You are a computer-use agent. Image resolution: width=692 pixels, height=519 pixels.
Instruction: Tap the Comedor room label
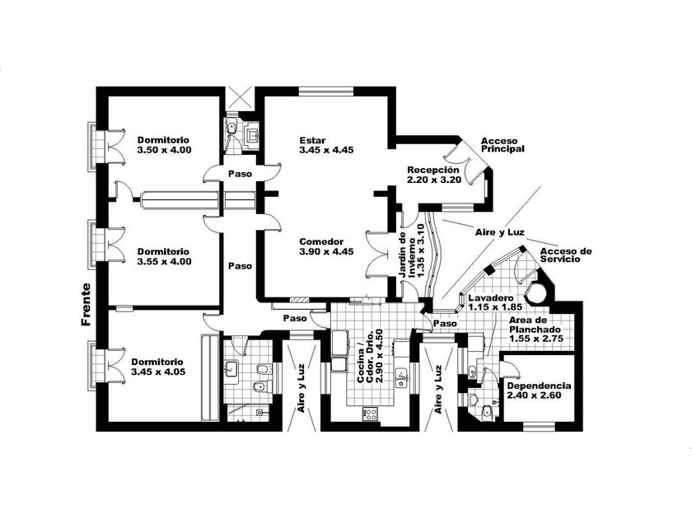pyautogui.click(x=321, y=241)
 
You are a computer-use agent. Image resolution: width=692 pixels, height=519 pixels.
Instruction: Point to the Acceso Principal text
pyautogui.click(x=503, y=145)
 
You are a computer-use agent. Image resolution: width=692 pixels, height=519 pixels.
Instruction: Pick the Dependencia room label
pyautogui.click(x=539, y=386)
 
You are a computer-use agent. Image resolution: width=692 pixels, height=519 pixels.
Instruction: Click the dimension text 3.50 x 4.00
pyautogui.click(x=165, y=150)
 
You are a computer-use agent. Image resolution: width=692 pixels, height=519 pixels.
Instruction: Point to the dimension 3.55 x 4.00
pyautogui.click(x=165, y=261)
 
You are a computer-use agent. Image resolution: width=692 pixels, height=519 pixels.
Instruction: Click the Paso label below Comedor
pyautogui.click(x=295, y=317)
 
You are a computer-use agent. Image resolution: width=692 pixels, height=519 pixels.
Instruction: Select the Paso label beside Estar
pyautogui.click(x=241, y=174)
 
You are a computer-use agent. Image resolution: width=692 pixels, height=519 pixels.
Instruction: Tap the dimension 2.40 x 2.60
pyautogui.click(x=539, y=396)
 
